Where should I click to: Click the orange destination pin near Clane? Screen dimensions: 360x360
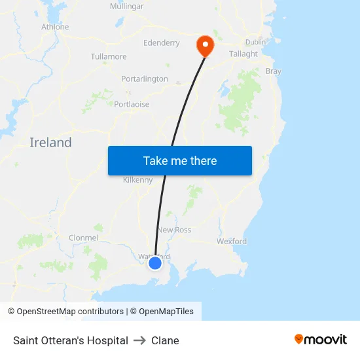tap(206, 45)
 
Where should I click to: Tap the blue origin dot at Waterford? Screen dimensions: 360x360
tap(155, 263)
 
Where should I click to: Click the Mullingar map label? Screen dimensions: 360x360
tap(127, 6)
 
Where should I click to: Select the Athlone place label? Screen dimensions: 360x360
tap(55, 27)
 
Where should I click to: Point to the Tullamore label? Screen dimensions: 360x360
tap(109, 56)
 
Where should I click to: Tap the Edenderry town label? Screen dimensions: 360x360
tap(161, 43)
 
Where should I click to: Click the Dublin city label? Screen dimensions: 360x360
tap(255, 41)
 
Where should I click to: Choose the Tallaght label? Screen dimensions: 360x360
tap(243, 54)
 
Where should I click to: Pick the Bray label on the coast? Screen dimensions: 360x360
tap(273, 71)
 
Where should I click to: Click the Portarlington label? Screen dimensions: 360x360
tap(145, 79)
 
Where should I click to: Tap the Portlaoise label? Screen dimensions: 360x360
tap(132, 104)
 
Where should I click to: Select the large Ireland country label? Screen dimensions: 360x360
tap(50, 142)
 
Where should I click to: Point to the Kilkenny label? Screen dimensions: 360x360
tap(137, 180)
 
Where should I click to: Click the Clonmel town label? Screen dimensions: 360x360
tap(83, 238)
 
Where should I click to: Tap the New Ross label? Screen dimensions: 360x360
tap(174, 230)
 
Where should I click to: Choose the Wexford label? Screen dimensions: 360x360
tap(232, 241)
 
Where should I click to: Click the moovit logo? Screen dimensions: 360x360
tap(321, 340)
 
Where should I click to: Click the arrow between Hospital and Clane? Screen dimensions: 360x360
tap(139, 340)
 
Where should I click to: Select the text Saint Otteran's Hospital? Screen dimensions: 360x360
tap(71, 340)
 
